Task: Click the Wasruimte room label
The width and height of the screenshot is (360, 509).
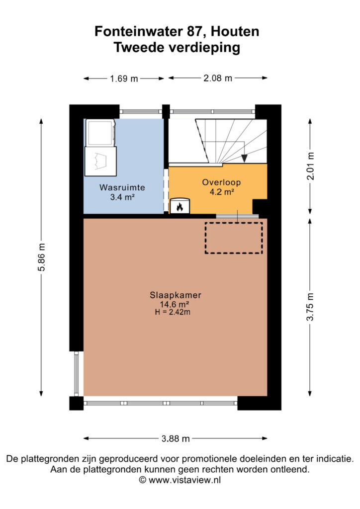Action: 122,187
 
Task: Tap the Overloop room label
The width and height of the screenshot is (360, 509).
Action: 221,182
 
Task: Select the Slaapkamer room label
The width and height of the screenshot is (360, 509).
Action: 176,295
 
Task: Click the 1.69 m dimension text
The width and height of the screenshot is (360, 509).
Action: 124,79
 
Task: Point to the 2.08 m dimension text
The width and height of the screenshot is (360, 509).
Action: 218,78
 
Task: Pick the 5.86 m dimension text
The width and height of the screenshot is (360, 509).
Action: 42,257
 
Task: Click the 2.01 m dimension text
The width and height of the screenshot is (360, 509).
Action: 311,166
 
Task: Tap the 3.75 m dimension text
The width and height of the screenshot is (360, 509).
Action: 311,307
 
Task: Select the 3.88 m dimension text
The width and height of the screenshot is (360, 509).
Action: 176,438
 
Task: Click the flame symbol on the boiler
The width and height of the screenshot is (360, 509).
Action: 180,206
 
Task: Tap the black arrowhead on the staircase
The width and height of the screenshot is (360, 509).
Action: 245,159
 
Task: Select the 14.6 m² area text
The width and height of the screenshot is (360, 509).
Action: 175,304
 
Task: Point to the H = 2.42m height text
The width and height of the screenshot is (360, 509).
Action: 173,312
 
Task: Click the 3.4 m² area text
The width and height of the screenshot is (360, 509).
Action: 122,197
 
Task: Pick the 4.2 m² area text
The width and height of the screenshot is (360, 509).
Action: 222,192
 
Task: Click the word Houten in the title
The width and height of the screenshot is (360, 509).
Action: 235,31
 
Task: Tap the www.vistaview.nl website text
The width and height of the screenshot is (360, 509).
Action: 184,480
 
